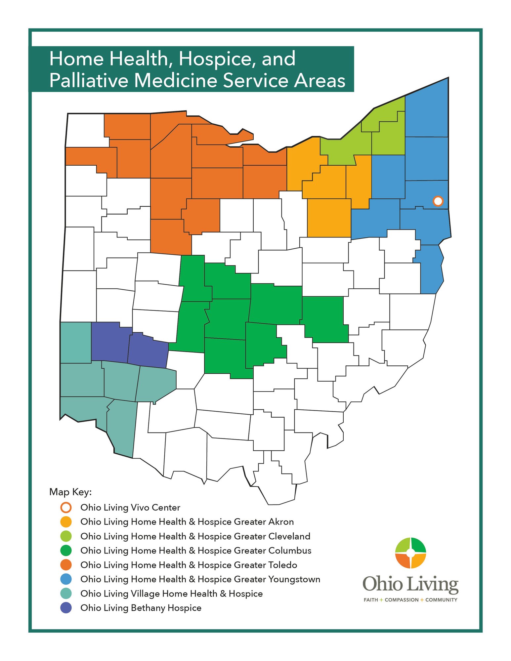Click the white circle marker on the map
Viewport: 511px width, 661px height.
pyautogui.click(x=438, y=201)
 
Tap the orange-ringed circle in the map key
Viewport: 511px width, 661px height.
pyautogui.click(x=66, y=508)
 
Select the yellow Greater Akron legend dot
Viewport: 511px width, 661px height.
pyautogui.click(x=66, y=522)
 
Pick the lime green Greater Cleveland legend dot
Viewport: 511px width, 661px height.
pyautogui.click(x=66, y=536)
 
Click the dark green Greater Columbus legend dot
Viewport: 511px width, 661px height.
pyautogui.click(x=66, y=551)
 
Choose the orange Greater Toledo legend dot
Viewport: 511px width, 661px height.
pyautogui.click(x=66, y=565)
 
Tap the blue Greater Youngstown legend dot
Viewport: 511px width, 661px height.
pyautogui.click(x=66, y=579)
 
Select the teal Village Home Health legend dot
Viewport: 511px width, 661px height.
pyautogui.click(x=66, y=594)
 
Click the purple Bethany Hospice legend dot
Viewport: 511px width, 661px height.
pyautogui.click(x=66, y=608)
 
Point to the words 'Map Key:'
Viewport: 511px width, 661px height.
pyautogui.click(x=70, y=492)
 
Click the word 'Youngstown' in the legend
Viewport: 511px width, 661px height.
pyautogui.click(x=294, y=579)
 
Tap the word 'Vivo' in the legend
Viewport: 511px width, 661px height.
pyautogui.click(x=140, y=508)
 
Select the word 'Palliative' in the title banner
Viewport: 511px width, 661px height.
pyautogui.click(x=89, y=80)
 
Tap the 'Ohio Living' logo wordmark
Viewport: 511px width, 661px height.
pyautogui.click(x=410, y=584)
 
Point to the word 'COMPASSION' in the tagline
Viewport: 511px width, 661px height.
pyautogui.click(x=402, y=600)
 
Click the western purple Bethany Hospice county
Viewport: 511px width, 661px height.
pyautogui.click(x=109, y=342)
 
